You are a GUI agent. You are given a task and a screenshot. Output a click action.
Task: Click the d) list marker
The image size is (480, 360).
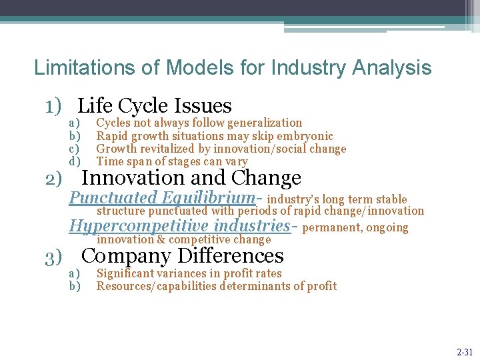point(75,161)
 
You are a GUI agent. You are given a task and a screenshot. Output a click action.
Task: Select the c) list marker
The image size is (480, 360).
point(75,149)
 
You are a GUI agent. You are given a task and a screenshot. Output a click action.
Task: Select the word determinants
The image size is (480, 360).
point(240,286)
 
